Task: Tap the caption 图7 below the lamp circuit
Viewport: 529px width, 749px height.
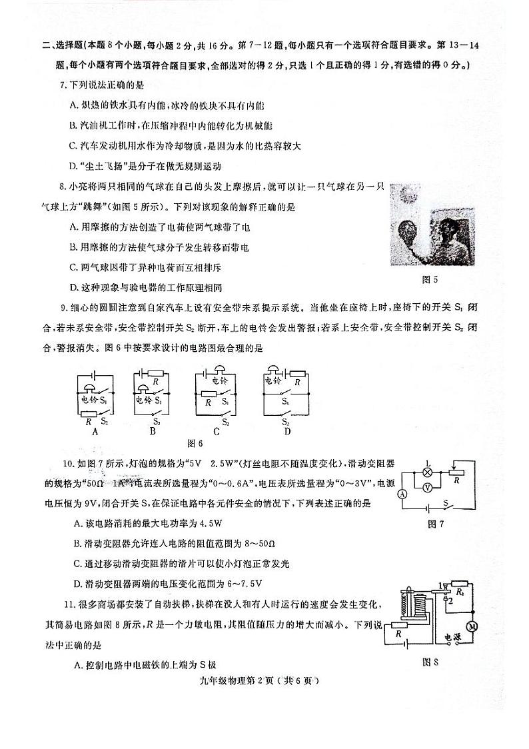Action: [x=436, y=524]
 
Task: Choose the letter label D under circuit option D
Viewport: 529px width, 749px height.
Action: [x=288, y=430]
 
